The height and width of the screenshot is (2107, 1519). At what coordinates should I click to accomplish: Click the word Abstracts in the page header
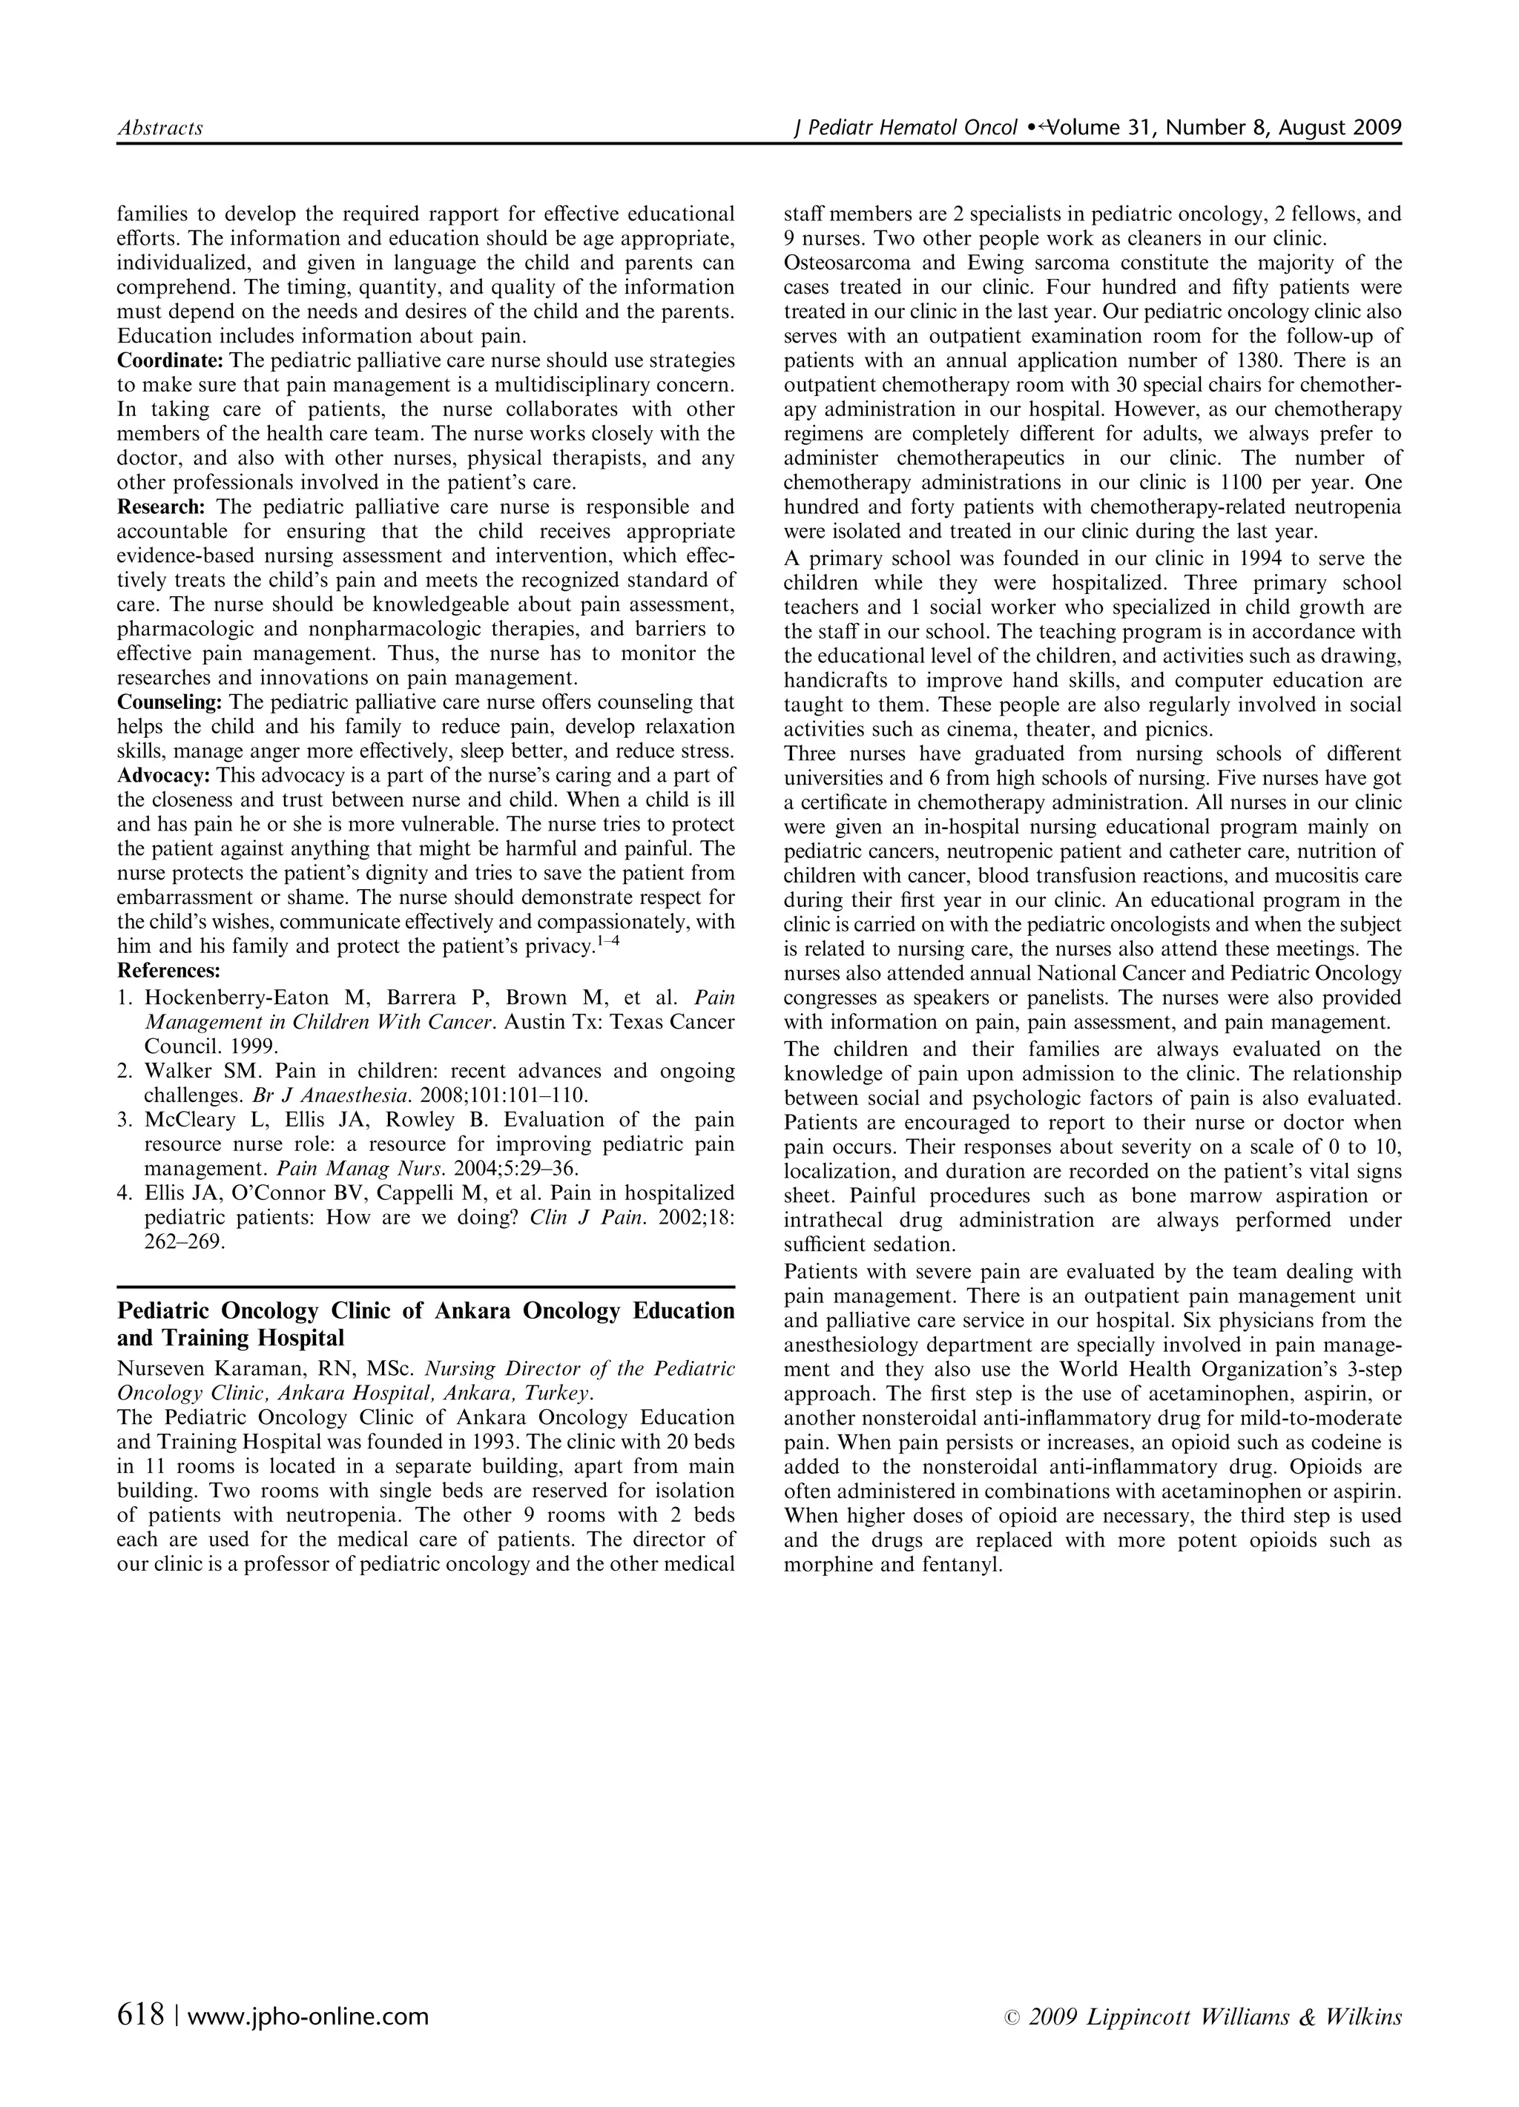click(159, 128)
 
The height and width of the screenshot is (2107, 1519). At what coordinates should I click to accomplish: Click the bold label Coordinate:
click(170, 360)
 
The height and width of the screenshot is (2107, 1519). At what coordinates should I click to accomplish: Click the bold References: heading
click(168, 972)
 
